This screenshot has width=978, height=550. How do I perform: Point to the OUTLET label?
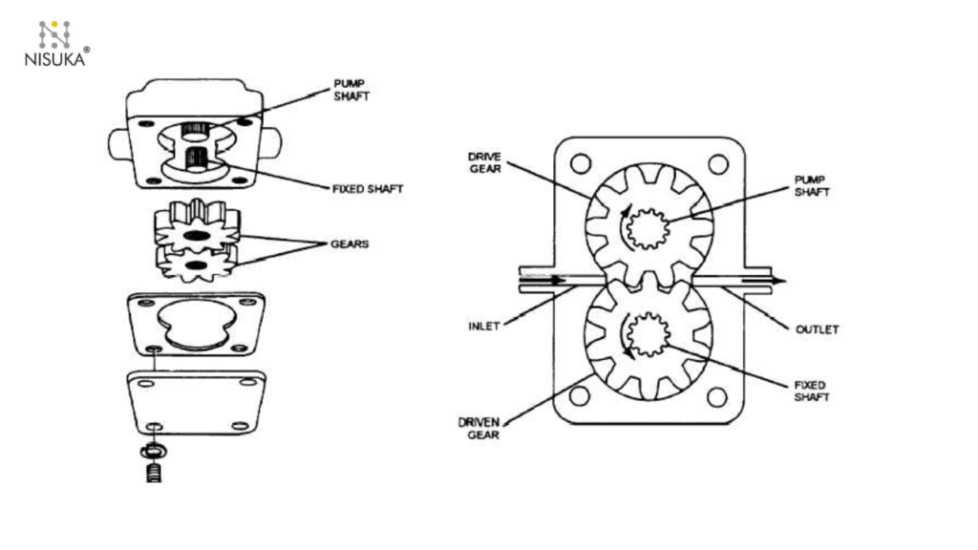click(817, 329)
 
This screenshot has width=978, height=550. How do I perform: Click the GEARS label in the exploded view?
click(351, 244)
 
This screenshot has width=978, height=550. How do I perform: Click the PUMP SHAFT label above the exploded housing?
click(350, 91)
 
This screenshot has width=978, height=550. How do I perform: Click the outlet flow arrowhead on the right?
click(780, 281)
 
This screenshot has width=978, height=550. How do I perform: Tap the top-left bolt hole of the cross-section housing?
click(580, 163)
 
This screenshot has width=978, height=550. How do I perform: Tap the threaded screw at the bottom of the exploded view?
click(153, 471)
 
